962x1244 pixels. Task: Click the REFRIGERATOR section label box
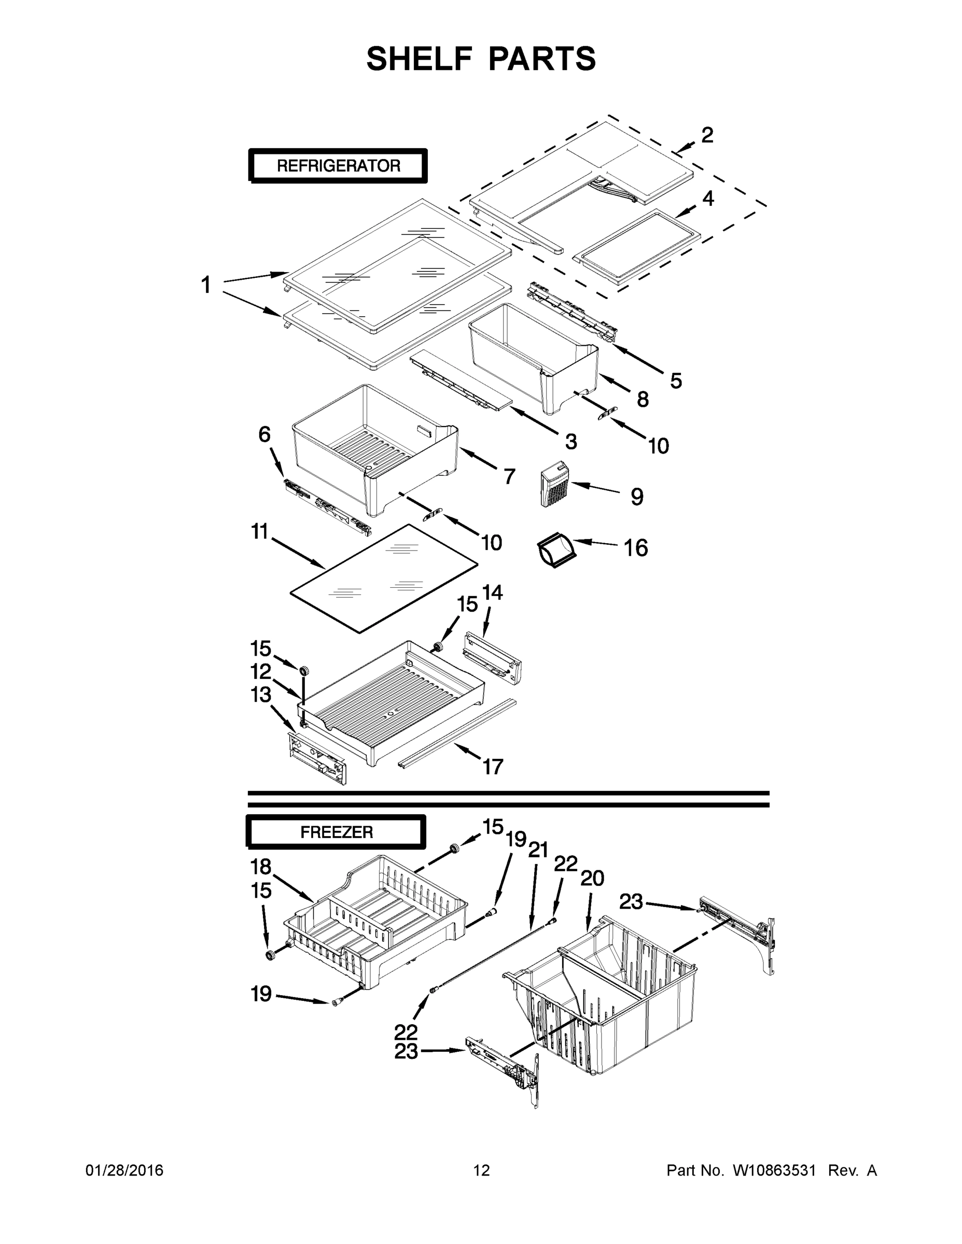[338, 166]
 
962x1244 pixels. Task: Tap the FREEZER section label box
[336, 832]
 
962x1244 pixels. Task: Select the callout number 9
[637, 497]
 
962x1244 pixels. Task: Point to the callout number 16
[635, 548]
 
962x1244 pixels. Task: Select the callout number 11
[259, 532]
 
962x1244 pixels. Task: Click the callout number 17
[493, 767]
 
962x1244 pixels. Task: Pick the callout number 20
[592, 879]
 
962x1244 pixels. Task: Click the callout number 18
[261, 867]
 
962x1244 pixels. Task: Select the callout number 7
[509, 476]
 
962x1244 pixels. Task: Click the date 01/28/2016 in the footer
[124, 1170]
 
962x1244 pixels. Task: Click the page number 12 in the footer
[482, 1170]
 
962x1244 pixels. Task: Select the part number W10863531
[773, 1170]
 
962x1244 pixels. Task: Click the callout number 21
[538, 851]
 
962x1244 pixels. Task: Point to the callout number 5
[675, 380]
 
